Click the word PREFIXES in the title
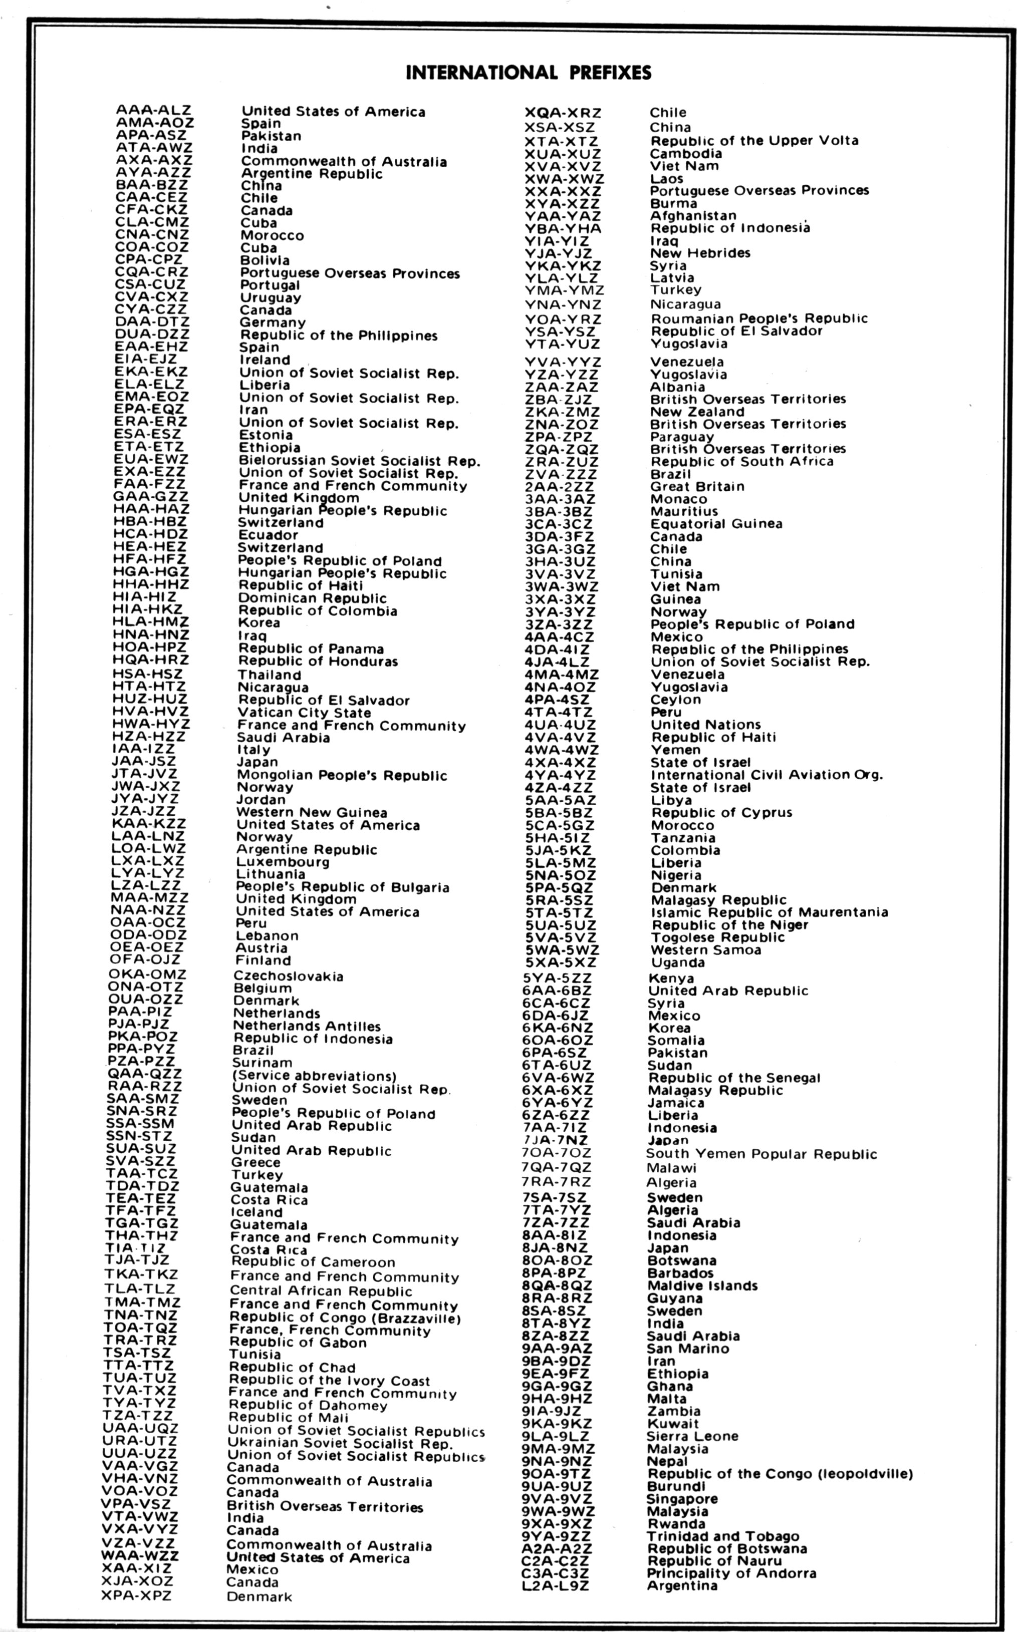click(611, 73)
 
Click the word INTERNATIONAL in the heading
click(481, 73)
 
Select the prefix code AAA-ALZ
click(153, 110)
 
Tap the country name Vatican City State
click(304, 713)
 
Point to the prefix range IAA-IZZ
click(143, 749)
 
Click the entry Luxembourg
click(283, 862)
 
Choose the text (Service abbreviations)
click(314, 1076)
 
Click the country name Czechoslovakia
click(289, 976)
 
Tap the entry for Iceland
click(257, 1212)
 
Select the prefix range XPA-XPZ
click(137, 1596)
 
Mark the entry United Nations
click(705, 725)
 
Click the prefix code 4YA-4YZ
click(560, 775)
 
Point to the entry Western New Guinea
click(312, 813)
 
